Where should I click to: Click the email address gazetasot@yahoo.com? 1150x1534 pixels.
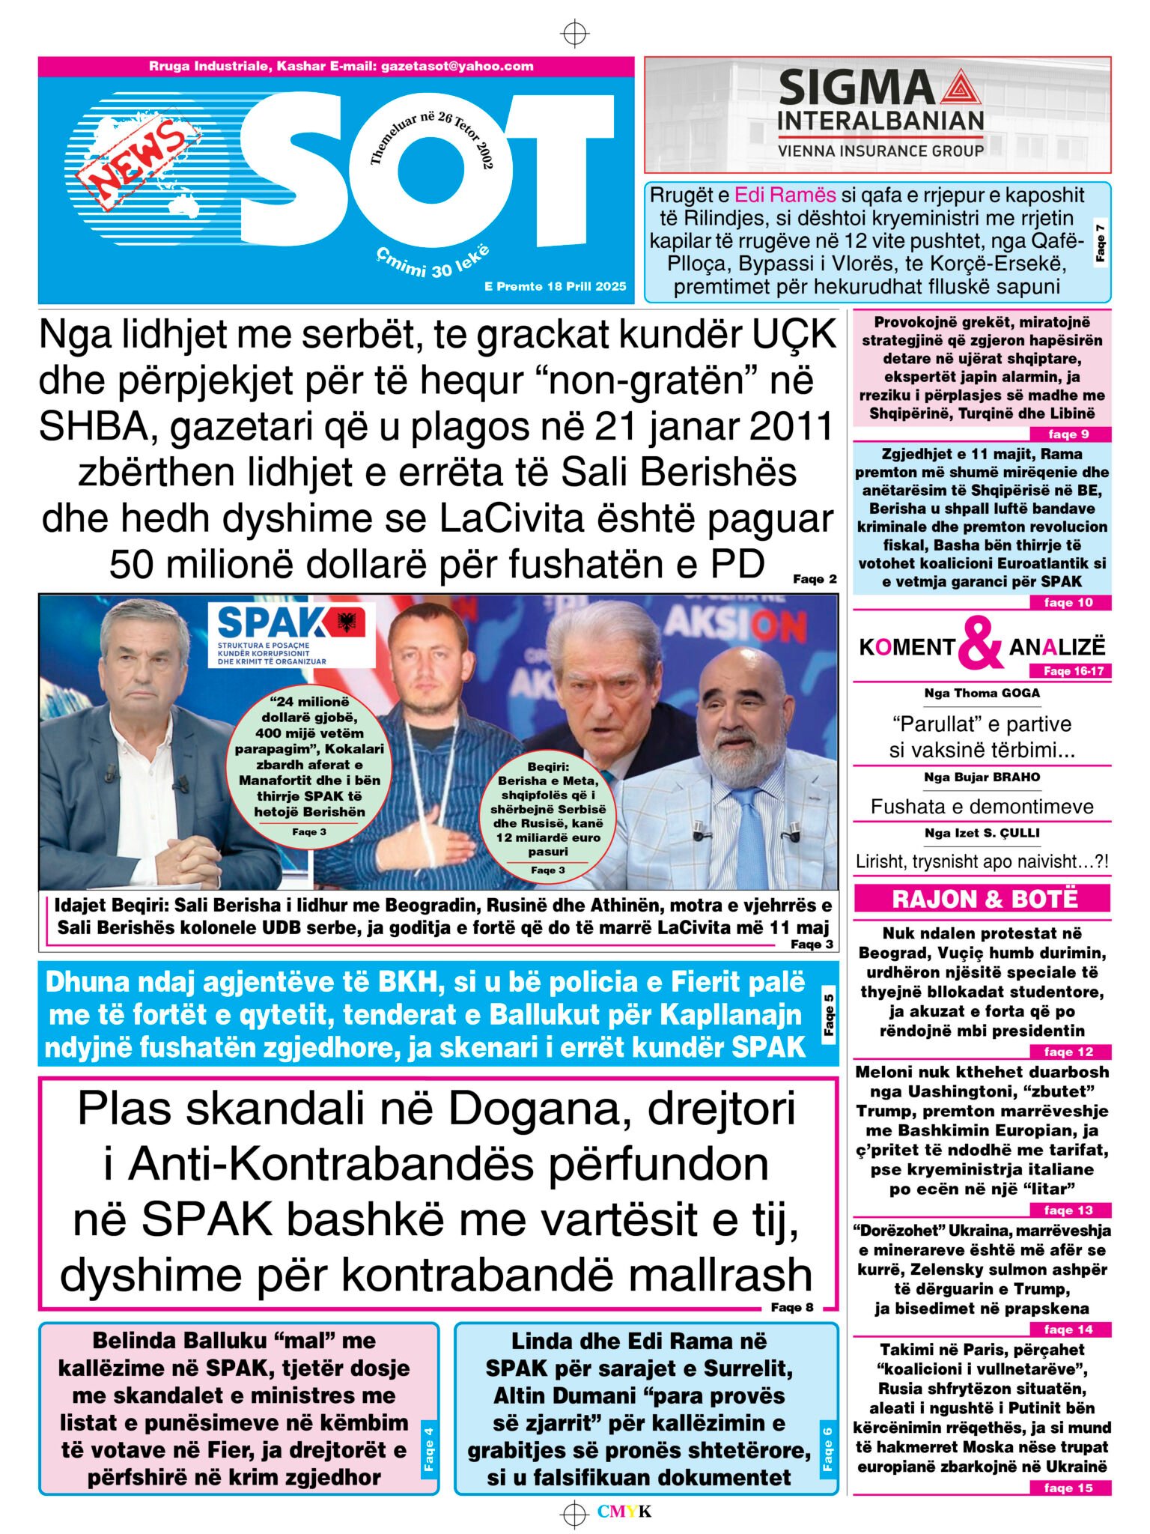click(x=457, y=66)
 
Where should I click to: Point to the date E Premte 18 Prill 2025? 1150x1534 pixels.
click(x=555, y=286)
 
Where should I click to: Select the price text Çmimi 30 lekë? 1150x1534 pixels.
click(x=433, y=261)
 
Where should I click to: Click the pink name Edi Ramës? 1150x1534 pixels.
click(x=785, y=195)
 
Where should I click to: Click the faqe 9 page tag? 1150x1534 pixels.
click(x=1068, y=434)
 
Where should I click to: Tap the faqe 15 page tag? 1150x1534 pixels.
click(x=1068, y=1488)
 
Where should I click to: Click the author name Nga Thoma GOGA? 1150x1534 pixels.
click(x=982, y=693)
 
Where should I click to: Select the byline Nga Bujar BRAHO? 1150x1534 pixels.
click(x=982, y=777)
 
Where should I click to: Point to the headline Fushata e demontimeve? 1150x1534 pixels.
click(x=982, y=806)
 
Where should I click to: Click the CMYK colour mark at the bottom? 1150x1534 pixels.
click(x=624, y=1512)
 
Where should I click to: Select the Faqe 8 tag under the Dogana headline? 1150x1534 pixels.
click(x=792, y=1307)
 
